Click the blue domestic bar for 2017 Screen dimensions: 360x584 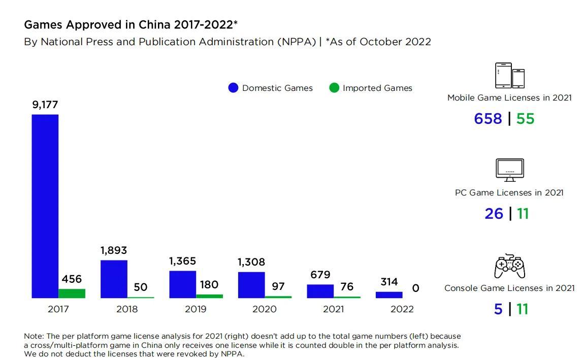coord(45,206)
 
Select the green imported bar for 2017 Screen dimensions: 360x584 coord(72,293)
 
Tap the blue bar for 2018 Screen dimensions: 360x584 coord(114,279)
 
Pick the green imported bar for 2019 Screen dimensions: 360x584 coord(209,296)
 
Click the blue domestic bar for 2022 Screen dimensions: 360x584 coord(389,294)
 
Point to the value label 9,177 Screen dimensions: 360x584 coord(45,105)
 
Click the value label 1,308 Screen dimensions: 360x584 coord(251,262)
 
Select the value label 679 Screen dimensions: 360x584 coord(320,275)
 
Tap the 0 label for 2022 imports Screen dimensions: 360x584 coord(415,288)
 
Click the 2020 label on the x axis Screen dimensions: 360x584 coord(264,309)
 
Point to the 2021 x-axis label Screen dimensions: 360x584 coord(333,309)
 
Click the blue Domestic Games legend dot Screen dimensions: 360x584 coord(233,88)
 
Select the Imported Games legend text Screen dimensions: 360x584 coord(377,88)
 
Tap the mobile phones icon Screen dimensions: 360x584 coord(509,76)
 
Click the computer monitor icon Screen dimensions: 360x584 coord(509,170)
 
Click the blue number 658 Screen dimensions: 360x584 coord(488,118)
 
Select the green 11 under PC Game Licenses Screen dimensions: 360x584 coord(523,214)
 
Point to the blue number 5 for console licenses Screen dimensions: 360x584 coord(498,309)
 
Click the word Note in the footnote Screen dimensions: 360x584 coord(33,336)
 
